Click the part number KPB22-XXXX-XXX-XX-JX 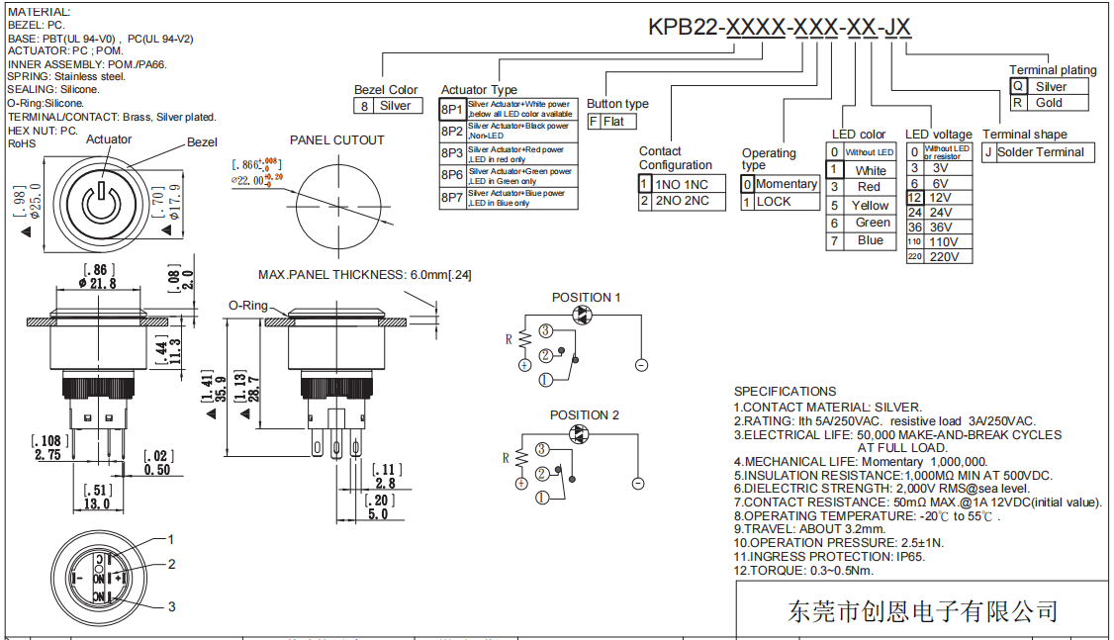(780, 27)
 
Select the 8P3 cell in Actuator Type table (452, 153)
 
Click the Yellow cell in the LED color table (871, 205)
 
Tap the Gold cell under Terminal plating (1049, 103)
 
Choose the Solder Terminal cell (1040, 152)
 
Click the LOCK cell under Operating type (774, 202)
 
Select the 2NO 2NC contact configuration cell (682, 201)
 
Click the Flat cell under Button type (619, 122)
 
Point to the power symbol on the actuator (99, 203)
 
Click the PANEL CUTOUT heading (336, 140)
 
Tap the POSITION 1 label (587, 298)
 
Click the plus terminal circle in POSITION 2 (520, 483)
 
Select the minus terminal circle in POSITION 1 (641, 365)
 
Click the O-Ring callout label (248, 306)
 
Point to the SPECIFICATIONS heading (785, 392)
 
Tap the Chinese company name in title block (922, 611)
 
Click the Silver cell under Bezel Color (395, 106)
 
